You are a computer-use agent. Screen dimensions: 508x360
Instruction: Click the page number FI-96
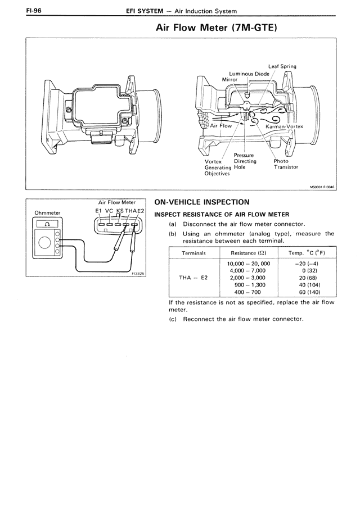(19, 10)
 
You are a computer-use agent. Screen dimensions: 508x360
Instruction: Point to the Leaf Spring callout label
(282, 66)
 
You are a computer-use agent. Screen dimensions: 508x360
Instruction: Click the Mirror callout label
(230, 80)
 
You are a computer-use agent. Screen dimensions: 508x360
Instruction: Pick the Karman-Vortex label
(283, 126)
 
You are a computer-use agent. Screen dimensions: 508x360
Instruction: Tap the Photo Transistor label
(285, 164)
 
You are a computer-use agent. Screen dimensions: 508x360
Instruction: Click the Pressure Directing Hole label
(245, 161)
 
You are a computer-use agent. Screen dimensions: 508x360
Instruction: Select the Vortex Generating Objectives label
(217, 167)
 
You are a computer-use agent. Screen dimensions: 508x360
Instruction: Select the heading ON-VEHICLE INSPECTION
(202, 202)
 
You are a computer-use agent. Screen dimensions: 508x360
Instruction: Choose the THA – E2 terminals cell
(193, 278)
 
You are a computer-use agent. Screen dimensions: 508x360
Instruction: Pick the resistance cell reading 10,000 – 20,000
(249, 263)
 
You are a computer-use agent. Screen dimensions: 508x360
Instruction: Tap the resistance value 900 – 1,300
(249, 285)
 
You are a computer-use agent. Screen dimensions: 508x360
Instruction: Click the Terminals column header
(193, 253)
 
